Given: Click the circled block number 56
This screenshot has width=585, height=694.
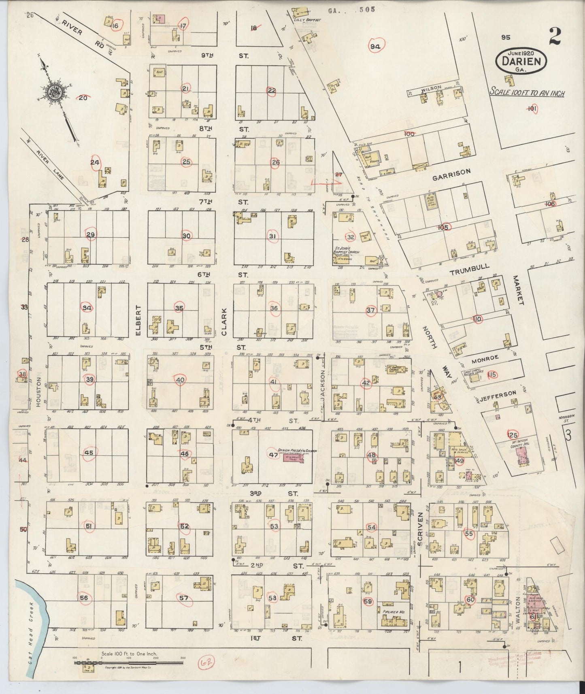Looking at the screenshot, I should click(x=84, y=598).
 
